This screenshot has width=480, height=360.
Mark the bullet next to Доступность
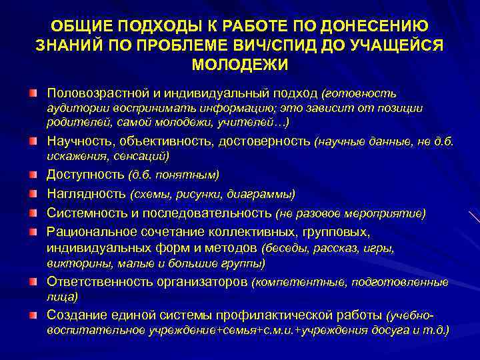pyautogui.click(x=33, y=175)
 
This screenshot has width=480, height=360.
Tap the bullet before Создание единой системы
pyautogui.click(x=33, y=314)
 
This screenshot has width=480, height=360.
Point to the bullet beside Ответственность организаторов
pyautogui.click(x=33, y=281)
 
